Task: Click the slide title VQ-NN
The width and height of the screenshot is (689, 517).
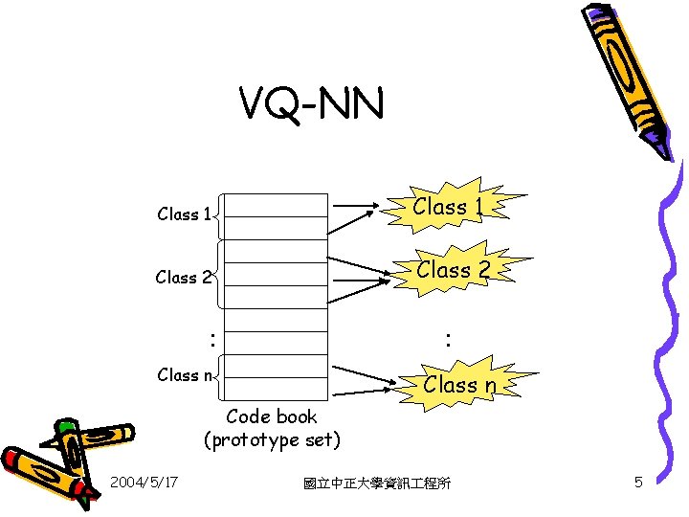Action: (x=312, y=104)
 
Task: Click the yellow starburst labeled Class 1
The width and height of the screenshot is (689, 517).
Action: (x=440, y=207)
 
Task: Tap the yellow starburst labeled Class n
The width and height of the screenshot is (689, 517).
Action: (x=459, y=385)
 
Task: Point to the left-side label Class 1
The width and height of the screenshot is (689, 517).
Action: (x=183, y=214)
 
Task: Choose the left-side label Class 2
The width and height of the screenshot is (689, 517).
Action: (x=183, y=278)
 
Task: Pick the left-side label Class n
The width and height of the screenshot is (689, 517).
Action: (x=183, y=374)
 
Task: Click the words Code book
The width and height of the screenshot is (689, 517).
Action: (x=272, y=416)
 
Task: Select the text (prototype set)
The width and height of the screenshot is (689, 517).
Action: (x=272, y=439)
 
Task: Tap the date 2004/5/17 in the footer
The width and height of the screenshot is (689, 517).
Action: (x=143, y=483)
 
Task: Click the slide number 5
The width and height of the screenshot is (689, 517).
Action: (x=638, y=483)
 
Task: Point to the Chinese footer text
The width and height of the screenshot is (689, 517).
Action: (x=376, y=483)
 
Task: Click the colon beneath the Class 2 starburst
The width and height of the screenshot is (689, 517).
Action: (x=446, y=338)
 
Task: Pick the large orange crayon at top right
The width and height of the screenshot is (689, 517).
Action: (x=627, y=77)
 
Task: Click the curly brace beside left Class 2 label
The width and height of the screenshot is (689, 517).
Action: (x=219, y=278)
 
